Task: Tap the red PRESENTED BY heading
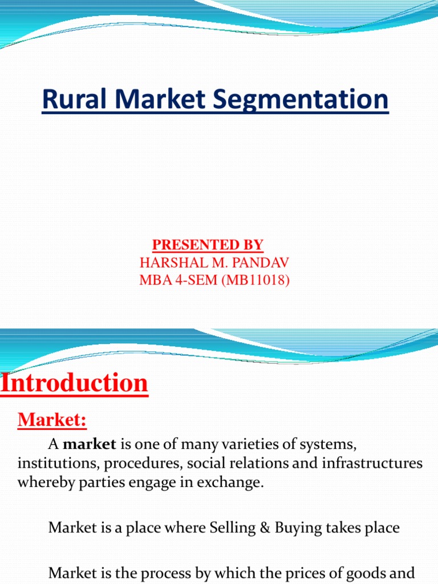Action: [x=208, y=245]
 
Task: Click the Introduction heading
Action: [x=74, y=383]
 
